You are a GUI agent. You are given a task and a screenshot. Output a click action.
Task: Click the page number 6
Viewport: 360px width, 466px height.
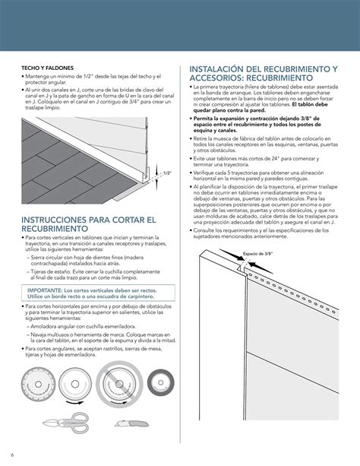pyautogui.click(x=13, y=455)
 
